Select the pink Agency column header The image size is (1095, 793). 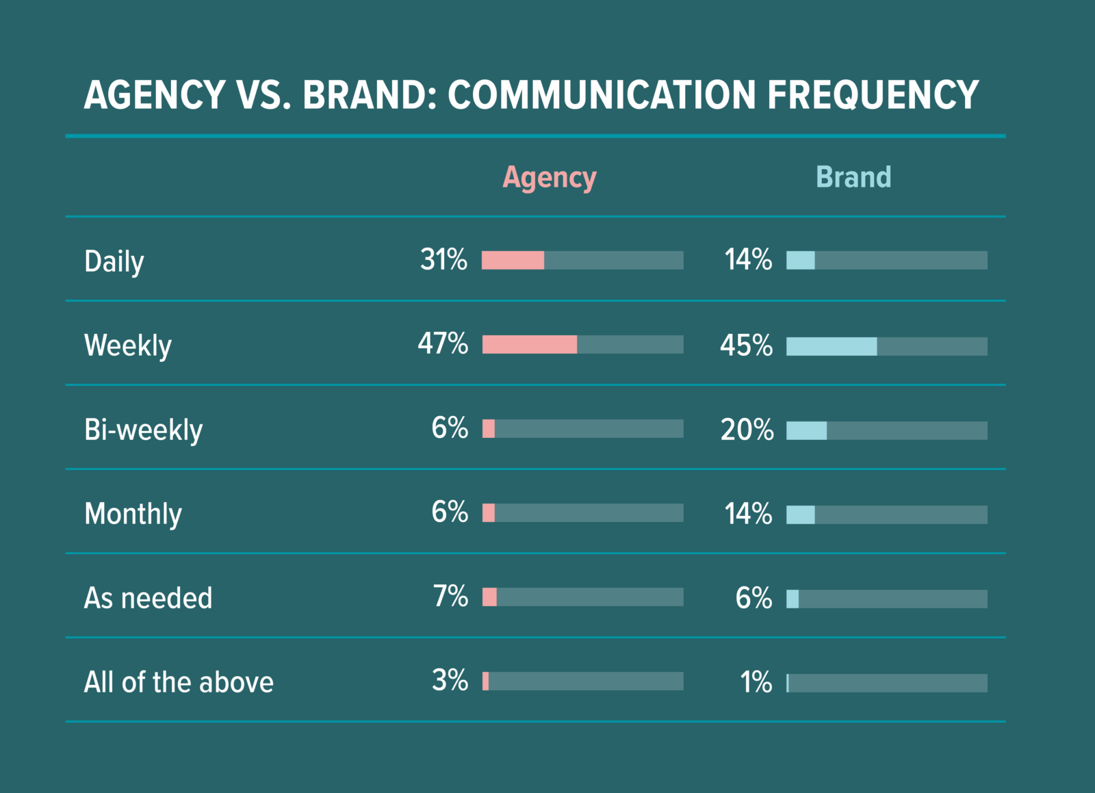(x=550, y=178)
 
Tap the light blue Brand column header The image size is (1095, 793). (x=853, y=177)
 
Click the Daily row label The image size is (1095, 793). (x=114, y=261)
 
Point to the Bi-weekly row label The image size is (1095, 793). (x=143, y=430)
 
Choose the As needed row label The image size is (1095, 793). (x=148, y=598)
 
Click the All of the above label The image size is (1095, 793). (x=179, y=682)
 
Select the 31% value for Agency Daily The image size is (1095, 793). (x=443, y=260)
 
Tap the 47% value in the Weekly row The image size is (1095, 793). (x=443, y=344)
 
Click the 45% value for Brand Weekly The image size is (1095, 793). (x=746, y=346)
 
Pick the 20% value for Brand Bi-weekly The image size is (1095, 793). (x=747, y=430)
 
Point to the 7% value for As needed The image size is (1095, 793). (x=450, y=597)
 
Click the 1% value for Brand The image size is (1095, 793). (x=756, y=683)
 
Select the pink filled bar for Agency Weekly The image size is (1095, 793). (x=529, y=344)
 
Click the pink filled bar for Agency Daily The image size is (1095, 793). (x=513, y=260)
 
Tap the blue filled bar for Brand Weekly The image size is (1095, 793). (x=832, y=346)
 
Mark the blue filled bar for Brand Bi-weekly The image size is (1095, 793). (x=806, y=430)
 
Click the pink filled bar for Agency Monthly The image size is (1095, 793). (x=489, y=512)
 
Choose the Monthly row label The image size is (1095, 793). (x=133, y=514)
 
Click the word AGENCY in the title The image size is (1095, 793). (x=155, y=95)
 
